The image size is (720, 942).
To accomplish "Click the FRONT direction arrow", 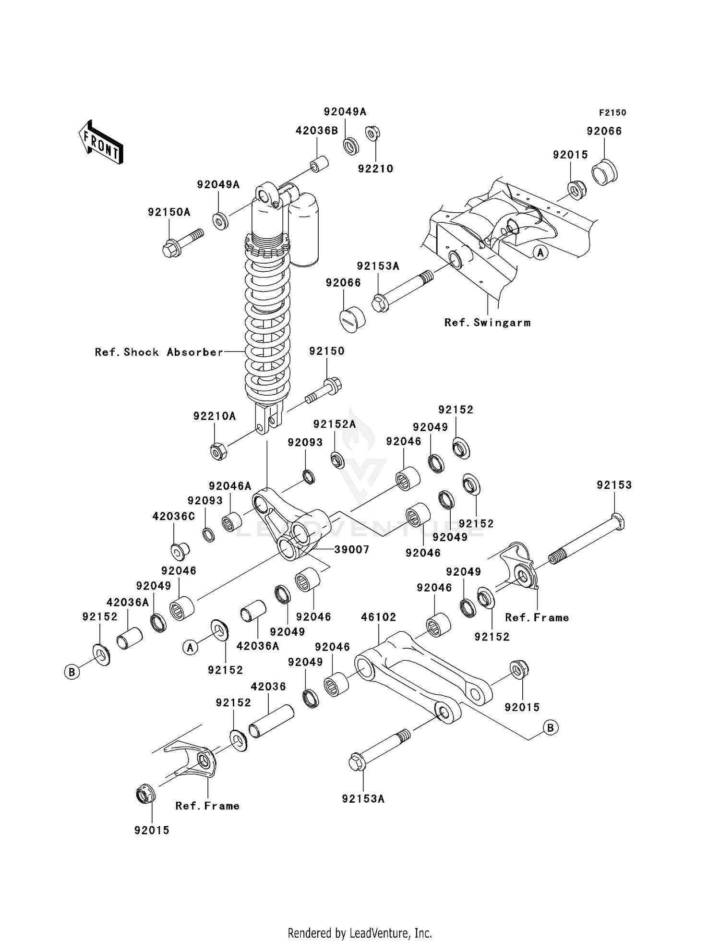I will click(x=101, y=143).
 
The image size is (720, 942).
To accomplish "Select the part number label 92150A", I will click(x=169, y=212).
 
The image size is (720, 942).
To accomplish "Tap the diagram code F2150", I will click(x=612, y=113).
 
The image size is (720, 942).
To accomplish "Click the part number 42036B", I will click(x=317, y=131).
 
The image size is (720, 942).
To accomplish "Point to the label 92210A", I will click(x=215, y=416).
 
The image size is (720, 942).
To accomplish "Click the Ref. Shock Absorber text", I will click(x=159, y=352).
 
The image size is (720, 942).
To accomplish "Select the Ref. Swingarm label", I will click(x=487, y=323).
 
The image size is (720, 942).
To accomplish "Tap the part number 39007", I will click(x=351, y=550).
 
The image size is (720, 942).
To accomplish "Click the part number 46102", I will click(x=378, y=617).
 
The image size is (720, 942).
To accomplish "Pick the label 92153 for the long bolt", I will click(x=614, y=485).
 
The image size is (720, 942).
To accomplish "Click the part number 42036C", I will click(x=174, y=517).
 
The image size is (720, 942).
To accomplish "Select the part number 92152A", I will click(x=335, y=424).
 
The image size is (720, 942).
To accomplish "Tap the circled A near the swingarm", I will click(x=540, y=253).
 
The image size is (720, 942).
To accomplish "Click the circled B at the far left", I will click(x=72, y=672).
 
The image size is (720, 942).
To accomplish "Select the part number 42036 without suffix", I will click(x=268, y=687).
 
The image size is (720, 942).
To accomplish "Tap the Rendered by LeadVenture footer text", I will click(x=360, y=933).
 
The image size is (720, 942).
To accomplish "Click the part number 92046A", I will click(x=229, y=486).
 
